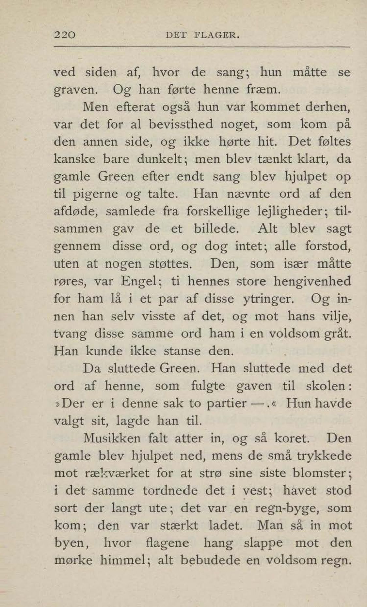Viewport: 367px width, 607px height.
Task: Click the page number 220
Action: pos(65,35)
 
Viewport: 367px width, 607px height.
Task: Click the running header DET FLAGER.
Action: pos(202,35)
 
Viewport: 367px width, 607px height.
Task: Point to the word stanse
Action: pos(182,351)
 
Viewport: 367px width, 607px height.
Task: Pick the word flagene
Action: pos(167,543)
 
